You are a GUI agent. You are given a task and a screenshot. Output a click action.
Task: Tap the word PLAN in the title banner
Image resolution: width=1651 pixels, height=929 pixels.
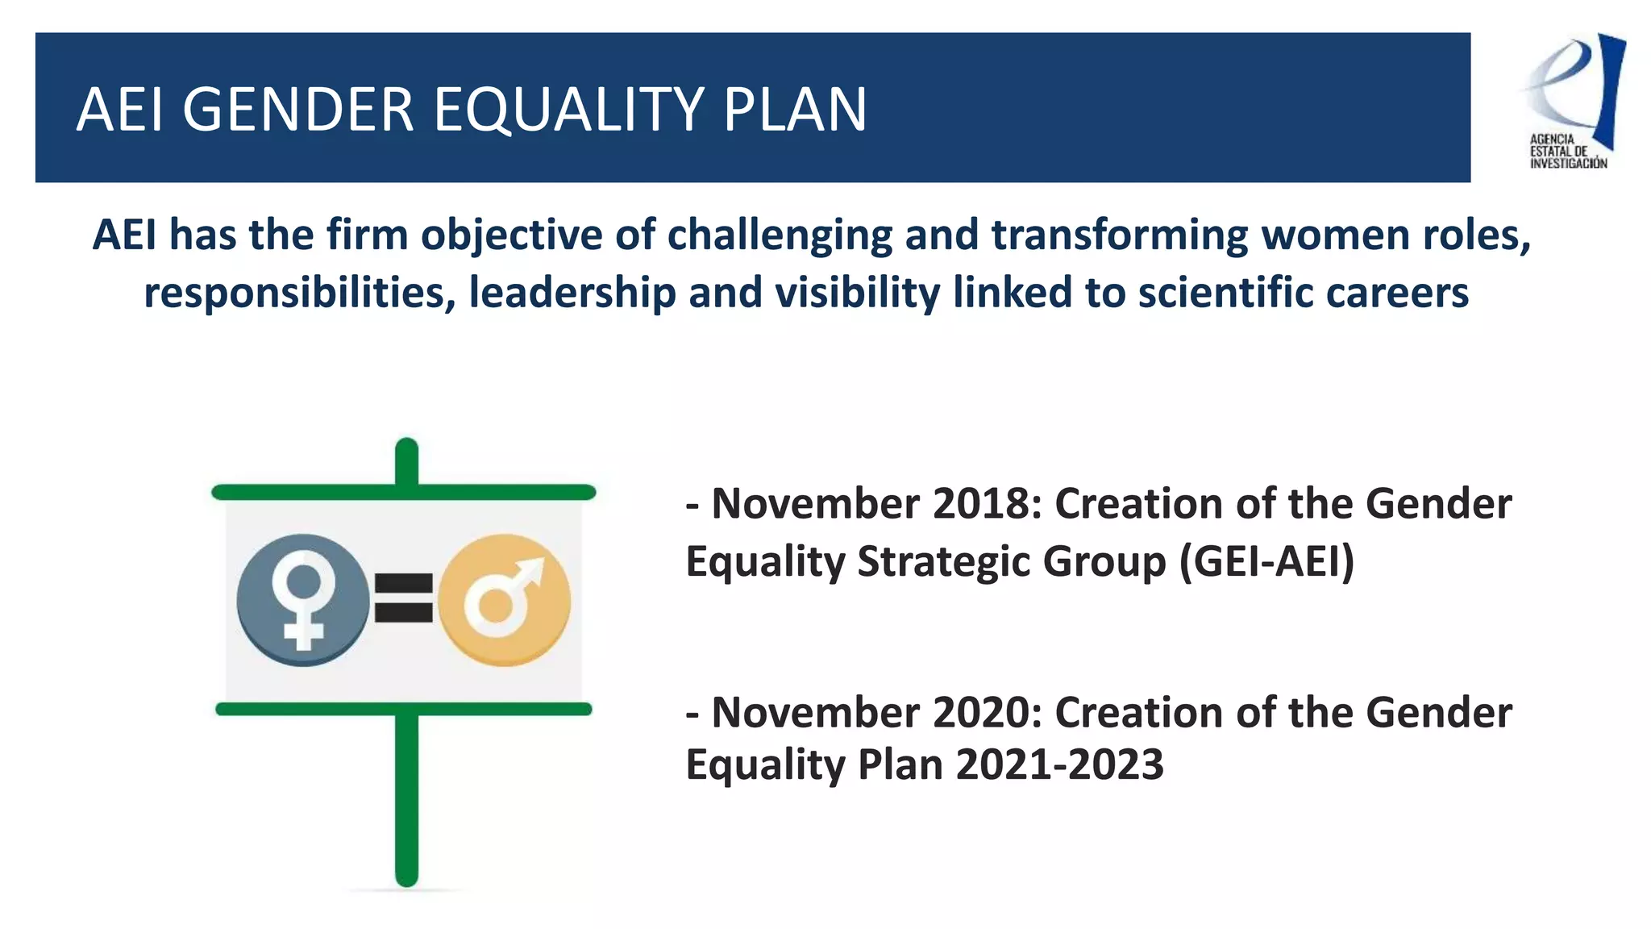click(x=794, y=110)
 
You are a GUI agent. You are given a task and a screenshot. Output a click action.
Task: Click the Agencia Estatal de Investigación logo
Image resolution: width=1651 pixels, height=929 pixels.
click(x=1572, y=101)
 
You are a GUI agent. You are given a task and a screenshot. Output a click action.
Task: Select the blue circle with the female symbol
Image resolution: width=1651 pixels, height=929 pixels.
click(x=303, y=599)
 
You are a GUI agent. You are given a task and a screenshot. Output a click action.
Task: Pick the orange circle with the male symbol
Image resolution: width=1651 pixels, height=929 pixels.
click(x=505, y=599)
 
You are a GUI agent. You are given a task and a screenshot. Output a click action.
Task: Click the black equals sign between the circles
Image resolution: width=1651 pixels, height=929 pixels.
click(x=404, y=598)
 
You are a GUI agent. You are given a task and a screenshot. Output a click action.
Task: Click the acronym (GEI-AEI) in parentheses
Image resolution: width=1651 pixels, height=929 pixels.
click(x=1266, y=561)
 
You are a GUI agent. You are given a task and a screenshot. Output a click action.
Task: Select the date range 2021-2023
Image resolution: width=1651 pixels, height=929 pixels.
click(x=1059, y=764)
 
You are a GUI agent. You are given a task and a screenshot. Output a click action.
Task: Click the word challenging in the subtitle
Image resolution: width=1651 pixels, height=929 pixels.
click(x=780, y=235)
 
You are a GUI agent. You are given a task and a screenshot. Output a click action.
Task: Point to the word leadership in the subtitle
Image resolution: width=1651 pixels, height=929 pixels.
click(x=572, y=292)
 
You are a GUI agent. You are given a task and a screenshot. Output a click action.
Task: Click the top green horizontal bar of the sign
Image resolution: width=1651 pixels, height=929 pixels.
click(x=403, y=492)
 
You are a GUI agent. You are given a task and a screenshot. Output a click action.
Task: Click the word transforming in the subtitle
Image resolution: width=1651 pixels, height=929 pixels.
click(x=1119, y=235)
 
